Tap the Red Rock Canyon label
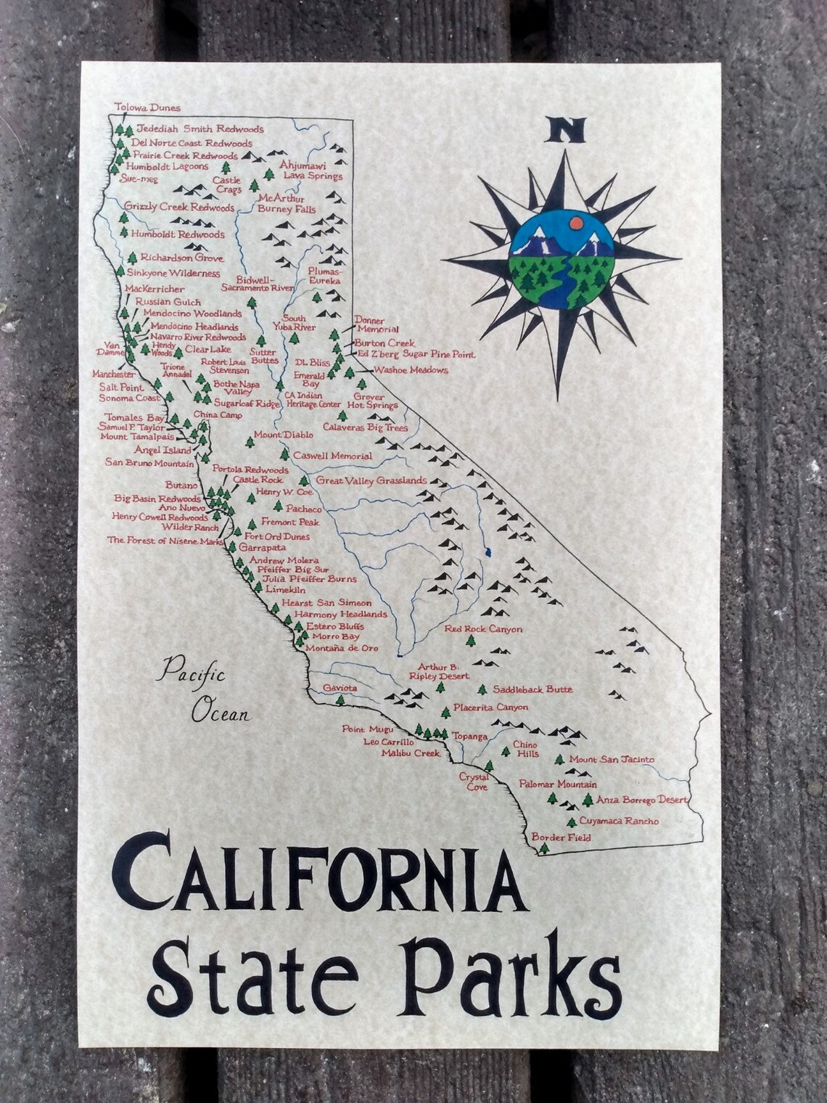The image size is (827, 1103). click(483, 629)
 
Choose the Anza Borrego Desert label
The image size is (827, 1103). click(641, 800)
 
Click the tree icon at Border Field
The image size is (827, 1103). click(544, 848)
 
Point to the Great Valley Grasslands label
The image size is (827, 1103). click(371, 480)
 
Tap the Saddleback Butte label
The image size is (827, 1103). click(532, 689)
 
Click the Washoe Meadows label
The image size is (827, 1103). click(410, 370)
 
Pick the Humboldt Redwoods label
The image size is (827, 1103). click(178, 235)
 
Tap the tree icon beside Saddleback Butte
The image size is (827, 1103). click(482, 689)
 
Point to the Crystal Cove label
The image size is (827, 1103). click(473, 780)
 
